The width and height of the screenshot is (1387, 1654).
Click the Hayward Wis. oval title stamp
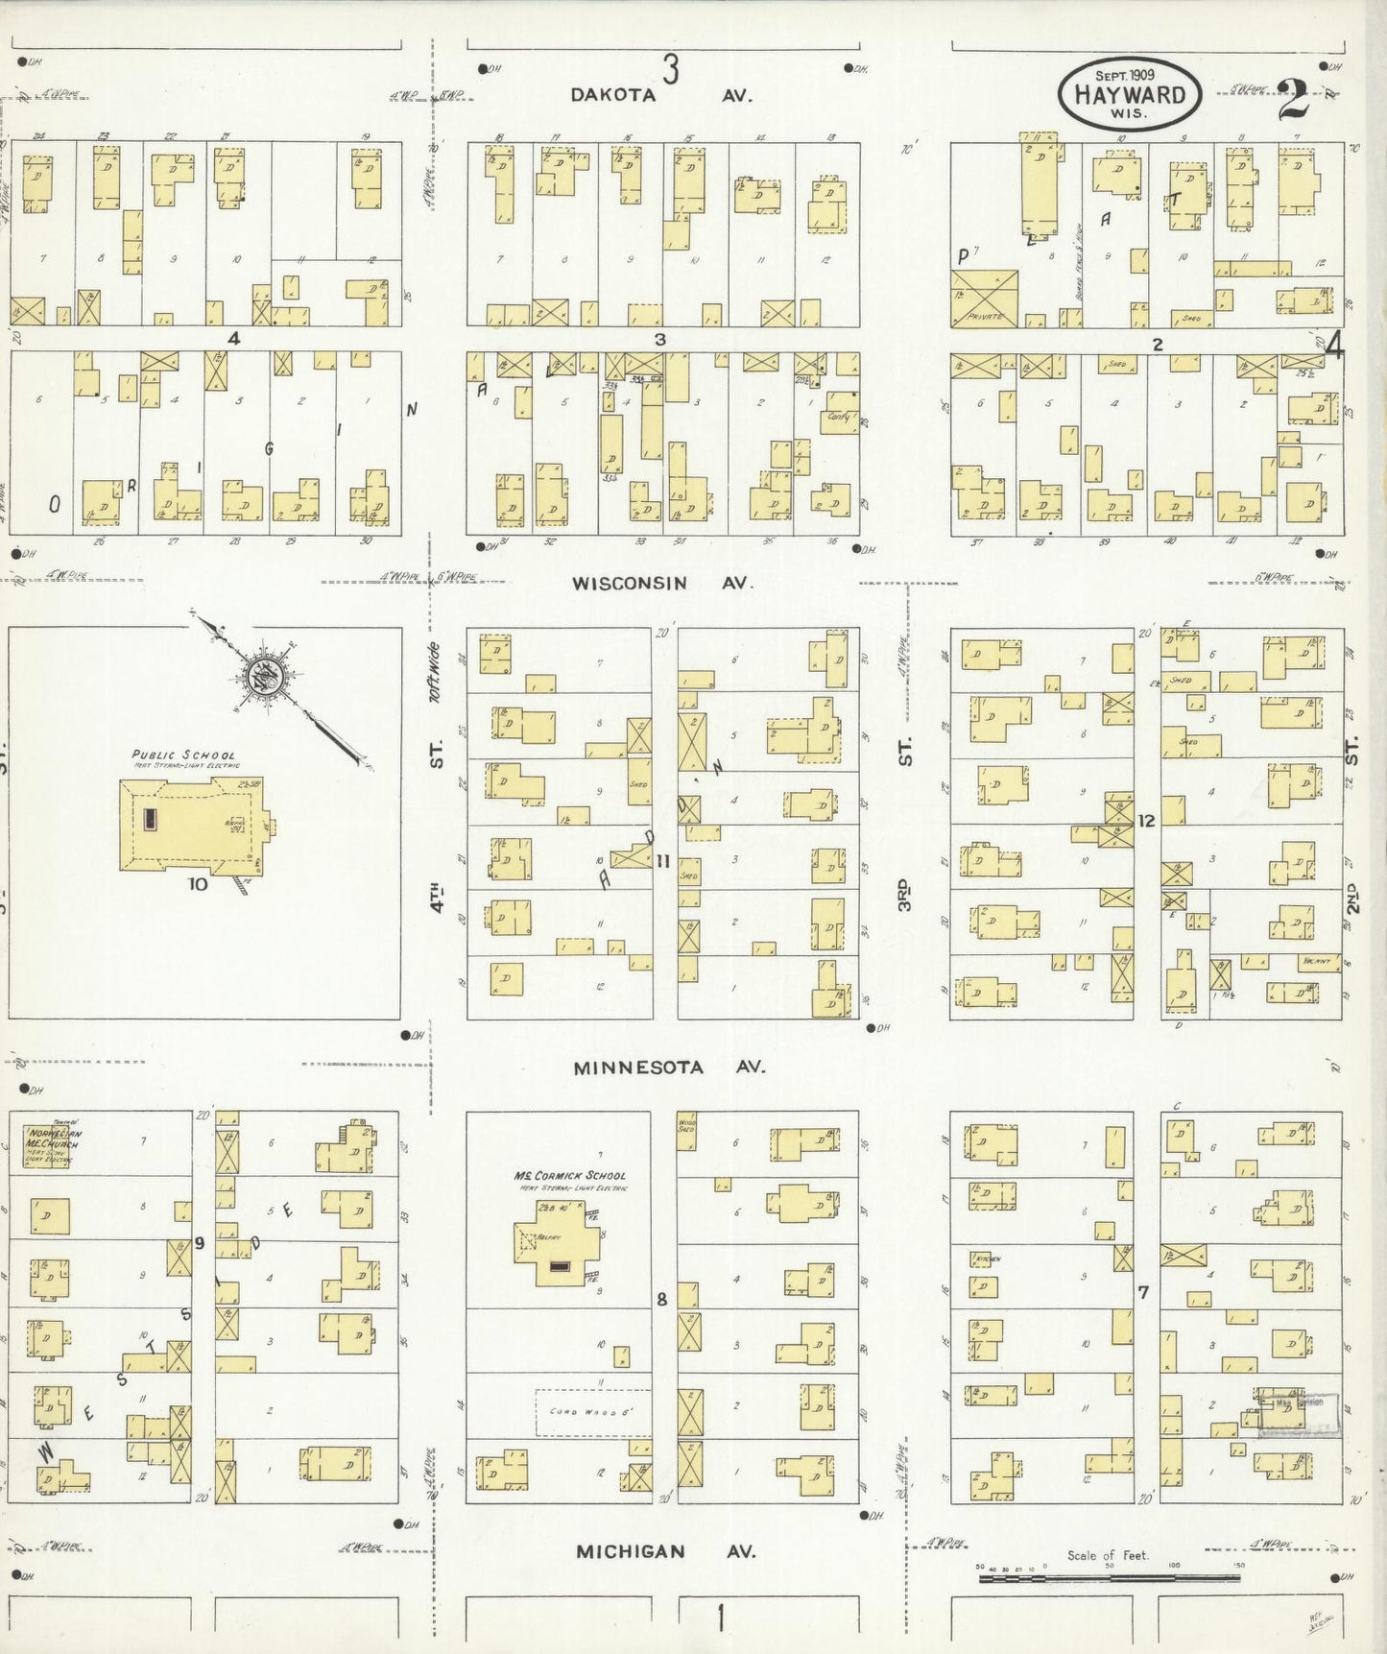[1128, 94]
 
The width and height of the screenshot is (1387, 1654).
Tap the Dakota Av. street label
[661, 95]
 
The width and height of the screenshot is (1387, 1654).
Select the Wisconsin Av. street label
[662, 583]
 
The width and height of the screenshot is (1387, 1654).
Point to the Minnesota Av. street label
[669, 1067]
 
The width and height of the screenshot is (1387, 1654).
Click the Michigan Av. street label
[665, 1551]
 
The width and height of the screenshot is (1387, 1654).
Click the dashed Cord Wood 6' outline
[592, 1412]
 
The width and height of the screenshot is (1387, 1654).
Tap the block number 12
[1146, 821]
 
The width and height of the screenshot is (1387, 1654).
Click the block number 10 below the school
[197, 884]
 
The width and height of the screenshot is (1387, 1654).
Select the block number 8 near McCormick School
[661, 1300]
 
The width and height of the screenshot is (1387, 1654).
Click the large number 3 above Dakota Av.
[670, 69]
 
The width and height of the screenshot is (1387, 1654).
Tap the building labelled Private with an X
[984, 298]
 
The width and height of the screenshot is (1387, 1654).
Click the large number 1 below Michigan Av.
[720, 1619]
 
